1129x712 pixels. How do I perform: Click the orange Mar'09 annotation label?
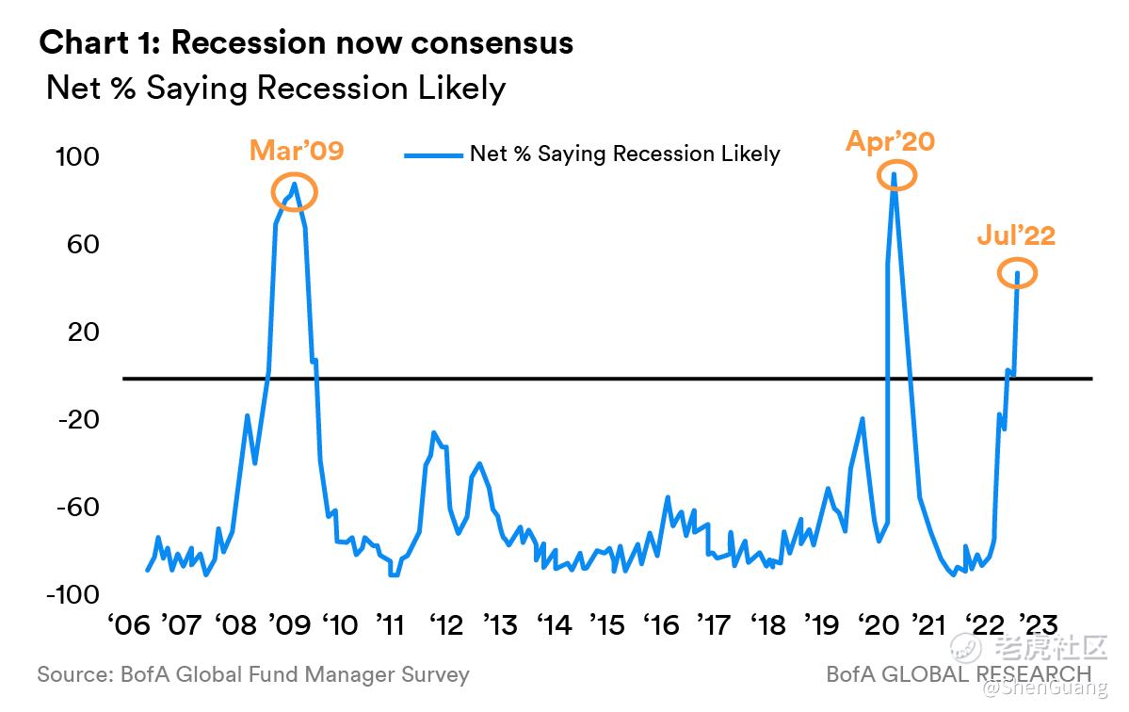click(x=297, y=151)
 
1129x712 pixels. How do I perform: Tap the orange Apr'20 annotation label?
click(x=890, y=141)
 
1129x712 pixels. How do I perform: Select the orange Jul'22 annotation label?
click(x=1016, y=235)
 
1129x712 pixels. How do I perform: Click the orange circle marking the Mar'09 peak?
click(x=295, y=192)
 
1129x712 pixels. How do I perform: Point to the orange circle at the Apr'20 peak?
click(x=895, y=175)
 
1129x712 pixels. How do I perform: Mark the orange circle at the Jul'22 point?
click(x=1017, y=273)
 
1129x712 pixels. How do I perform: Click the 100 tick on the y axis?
click(x=77, y=156)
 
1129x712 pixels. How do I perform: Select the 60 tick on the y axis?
click(x=83, y=245)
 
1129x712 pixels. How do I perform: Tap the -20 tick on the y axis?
click(x=78, y=420)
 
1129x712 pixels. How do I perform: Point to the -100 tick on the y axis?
click(x=73, y=595)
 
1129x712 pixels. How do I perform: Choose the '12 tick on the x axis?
click(x=446, y=624)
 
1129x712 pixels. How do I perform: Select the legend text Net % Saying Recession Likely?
click(x=624, y=154)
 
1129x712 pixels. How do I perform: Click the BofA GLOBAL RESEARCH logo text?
click(x=959, y=674)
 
